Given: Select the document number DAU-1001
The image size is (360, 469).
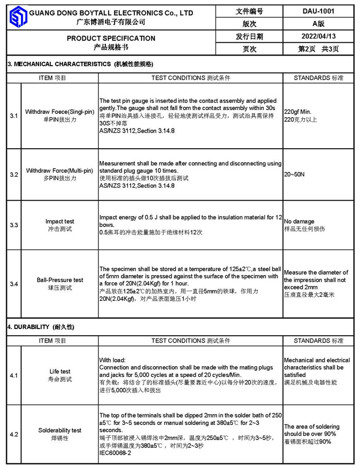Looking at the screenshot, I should (x=318, y=11).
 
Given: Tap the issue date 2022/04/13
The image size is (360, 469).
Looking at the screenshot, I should (x=318, y=37).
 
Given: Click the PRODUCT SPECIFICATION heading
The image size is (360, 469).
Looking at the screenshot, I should (x=111, y=38).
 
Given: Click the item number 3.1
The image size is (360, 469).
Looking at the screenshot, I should (x=14, y=116).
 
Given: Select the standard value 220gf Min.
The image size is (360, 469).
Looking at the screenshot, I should (x=298, y=112).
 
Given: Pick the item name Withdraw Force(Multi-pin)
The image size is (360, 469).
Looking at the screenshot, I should (x=60, y=170).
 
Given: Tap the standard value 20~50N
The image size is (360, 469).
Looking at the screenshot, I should (x=294, y=174).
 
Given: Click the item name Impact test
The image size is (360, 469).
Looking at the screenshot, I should (x=60, y=222).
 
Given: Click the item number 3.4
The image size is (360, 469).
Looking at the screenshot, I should (x=14, y=284).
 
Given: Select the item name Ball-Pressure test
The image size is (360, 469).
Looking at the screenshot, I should (x=60, y=280).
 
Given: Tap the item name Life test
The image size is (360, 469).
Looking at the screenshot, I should (x=60, y=371).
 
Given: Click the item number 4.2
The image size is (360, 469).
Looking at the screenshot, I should (x=14, y=435).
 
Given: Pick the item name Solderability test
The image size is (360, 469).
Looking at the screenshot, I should (x=60, y=430).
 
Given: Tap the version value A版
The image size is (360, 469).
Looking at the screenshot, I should (x=318, y=24).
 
